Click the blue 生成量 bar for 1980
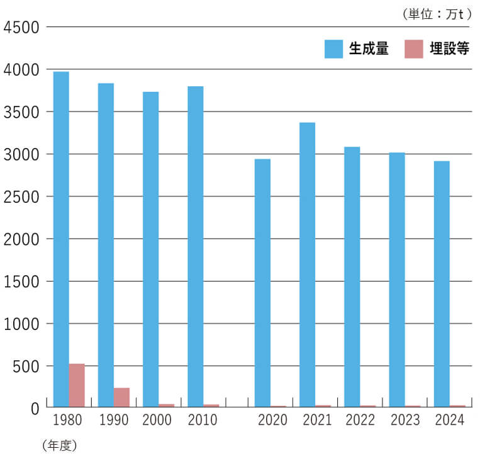[x=61, y=239]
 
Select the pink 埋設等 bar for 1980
[x=77, y=385]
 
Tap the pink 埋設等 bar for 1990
[x=121, y=397]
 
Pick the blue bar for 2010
[x=196, y=247]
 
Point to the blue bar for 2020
[x=262, y=283]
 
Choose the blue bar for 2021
[x=307, y=265]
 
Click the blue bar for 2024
[x=442, y=284]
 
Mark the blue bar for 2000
[x=151, y=249]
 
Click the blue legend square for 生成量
[x=333, y=49]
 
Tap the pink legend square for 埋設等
[x=414, y=49]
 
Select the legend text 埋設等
[x=450, y=49]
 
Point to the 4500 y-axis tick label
[x=21, y=27]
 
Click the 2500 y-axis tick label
[x=21, y=197]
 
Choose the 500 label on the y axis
[x=26, y=366]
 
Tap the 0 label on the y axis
[x=35, y=408]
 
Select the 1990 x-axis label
[x=114, y=420]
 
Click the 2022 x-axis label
[x=360, y=420]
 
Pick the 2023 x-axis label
[x=405, y=420]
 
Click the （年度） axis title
[x=60, y=445]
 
